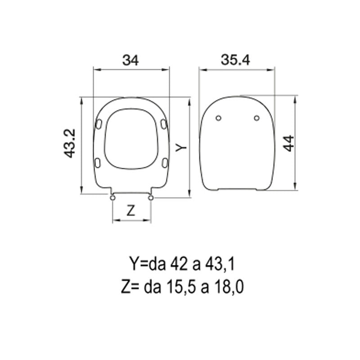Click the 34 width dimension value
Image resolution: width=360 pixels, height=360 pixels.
click(x=130, y=59)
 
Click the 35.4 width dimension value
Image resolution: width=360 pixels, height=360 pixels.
click(x=236, y=59)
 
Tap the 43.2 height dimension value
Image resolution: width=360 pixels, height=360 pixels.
click(x=69, y=144)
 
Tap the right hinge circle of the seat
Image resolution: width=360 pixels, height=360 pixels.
click(x=151, y=197)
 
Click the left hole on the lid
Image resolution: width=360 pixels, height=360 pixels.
click(x=218, y=118)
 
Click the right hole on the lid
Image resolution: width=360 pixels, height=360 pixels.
click(x=256, y=118)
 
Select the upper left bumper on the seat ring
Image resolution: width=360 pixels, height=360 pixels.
click(x=99, y=123)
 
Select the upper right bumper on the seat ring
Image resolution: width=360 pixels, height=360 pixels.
click(x=163, y=123)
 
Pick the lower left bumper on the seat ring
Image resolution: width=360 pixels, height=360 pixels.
click(x=97, y=162)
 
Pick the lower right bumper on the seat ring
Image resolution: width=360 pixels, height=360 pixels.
click(x=165, y=162)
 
